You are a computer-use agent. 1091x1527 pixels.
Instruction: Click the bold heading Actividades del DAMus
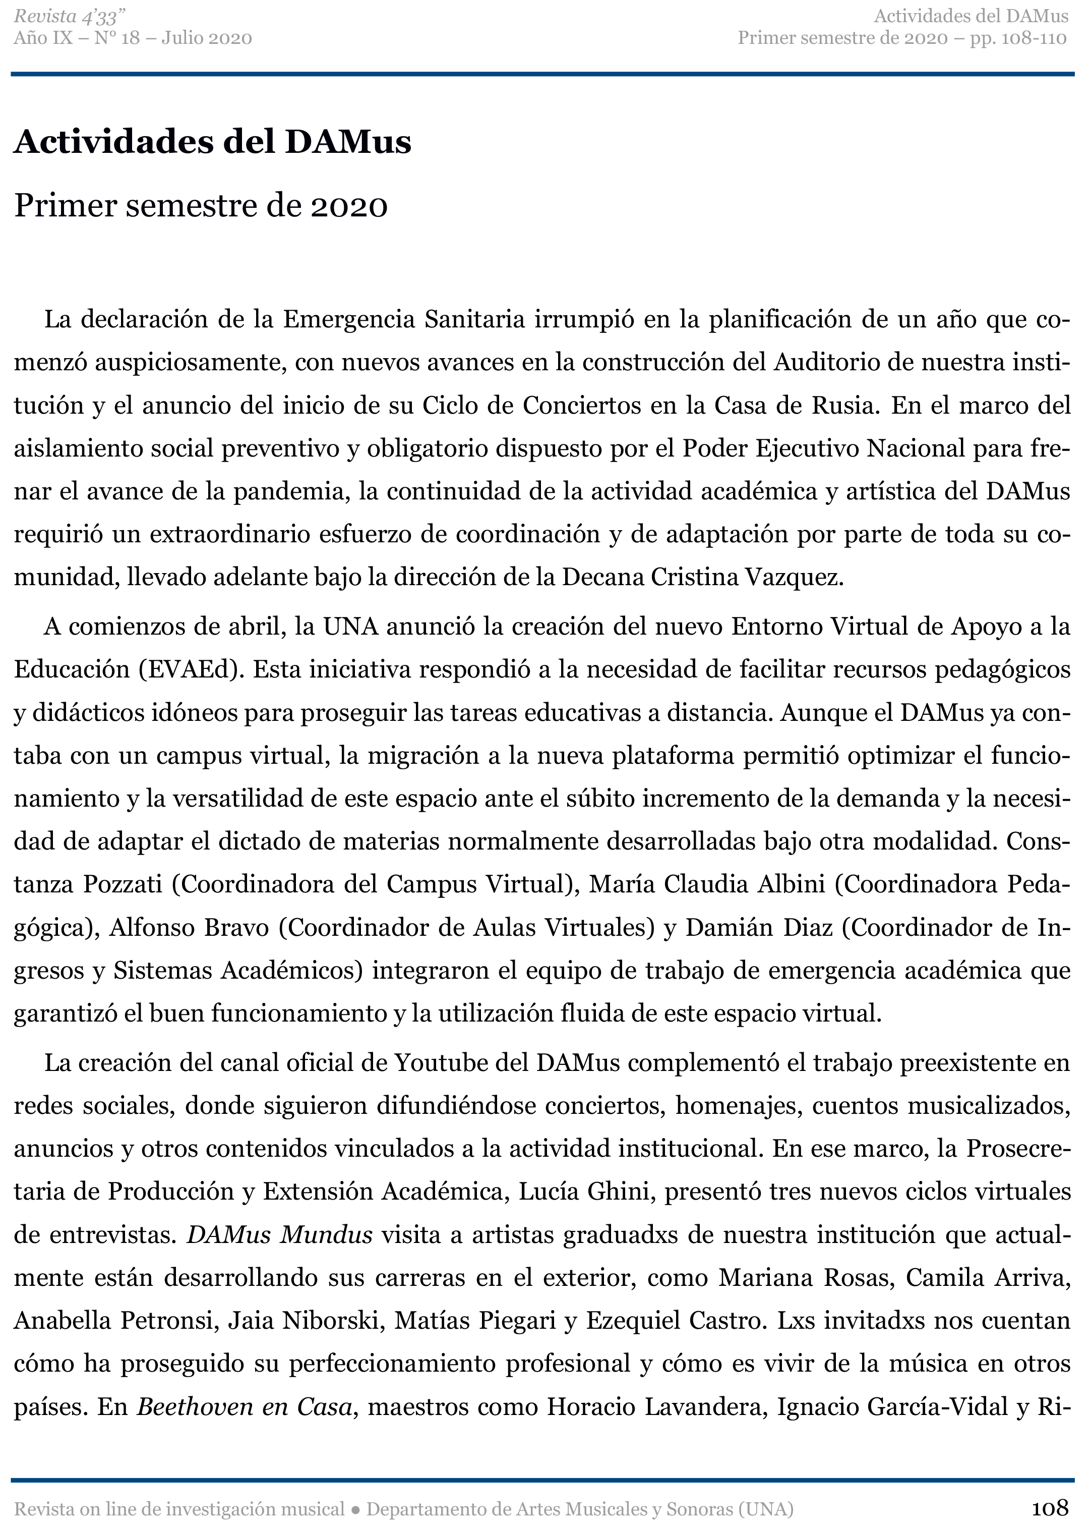tap(212, 142)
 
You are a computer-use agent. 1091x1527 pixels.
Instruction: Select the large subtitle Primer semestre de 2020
tap(201, 206)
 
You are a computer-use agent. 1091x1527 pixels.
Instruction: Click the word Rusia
tap(842, 406)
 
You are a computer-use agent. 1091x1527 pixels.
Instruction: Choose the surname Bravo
tap(236, 928)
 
